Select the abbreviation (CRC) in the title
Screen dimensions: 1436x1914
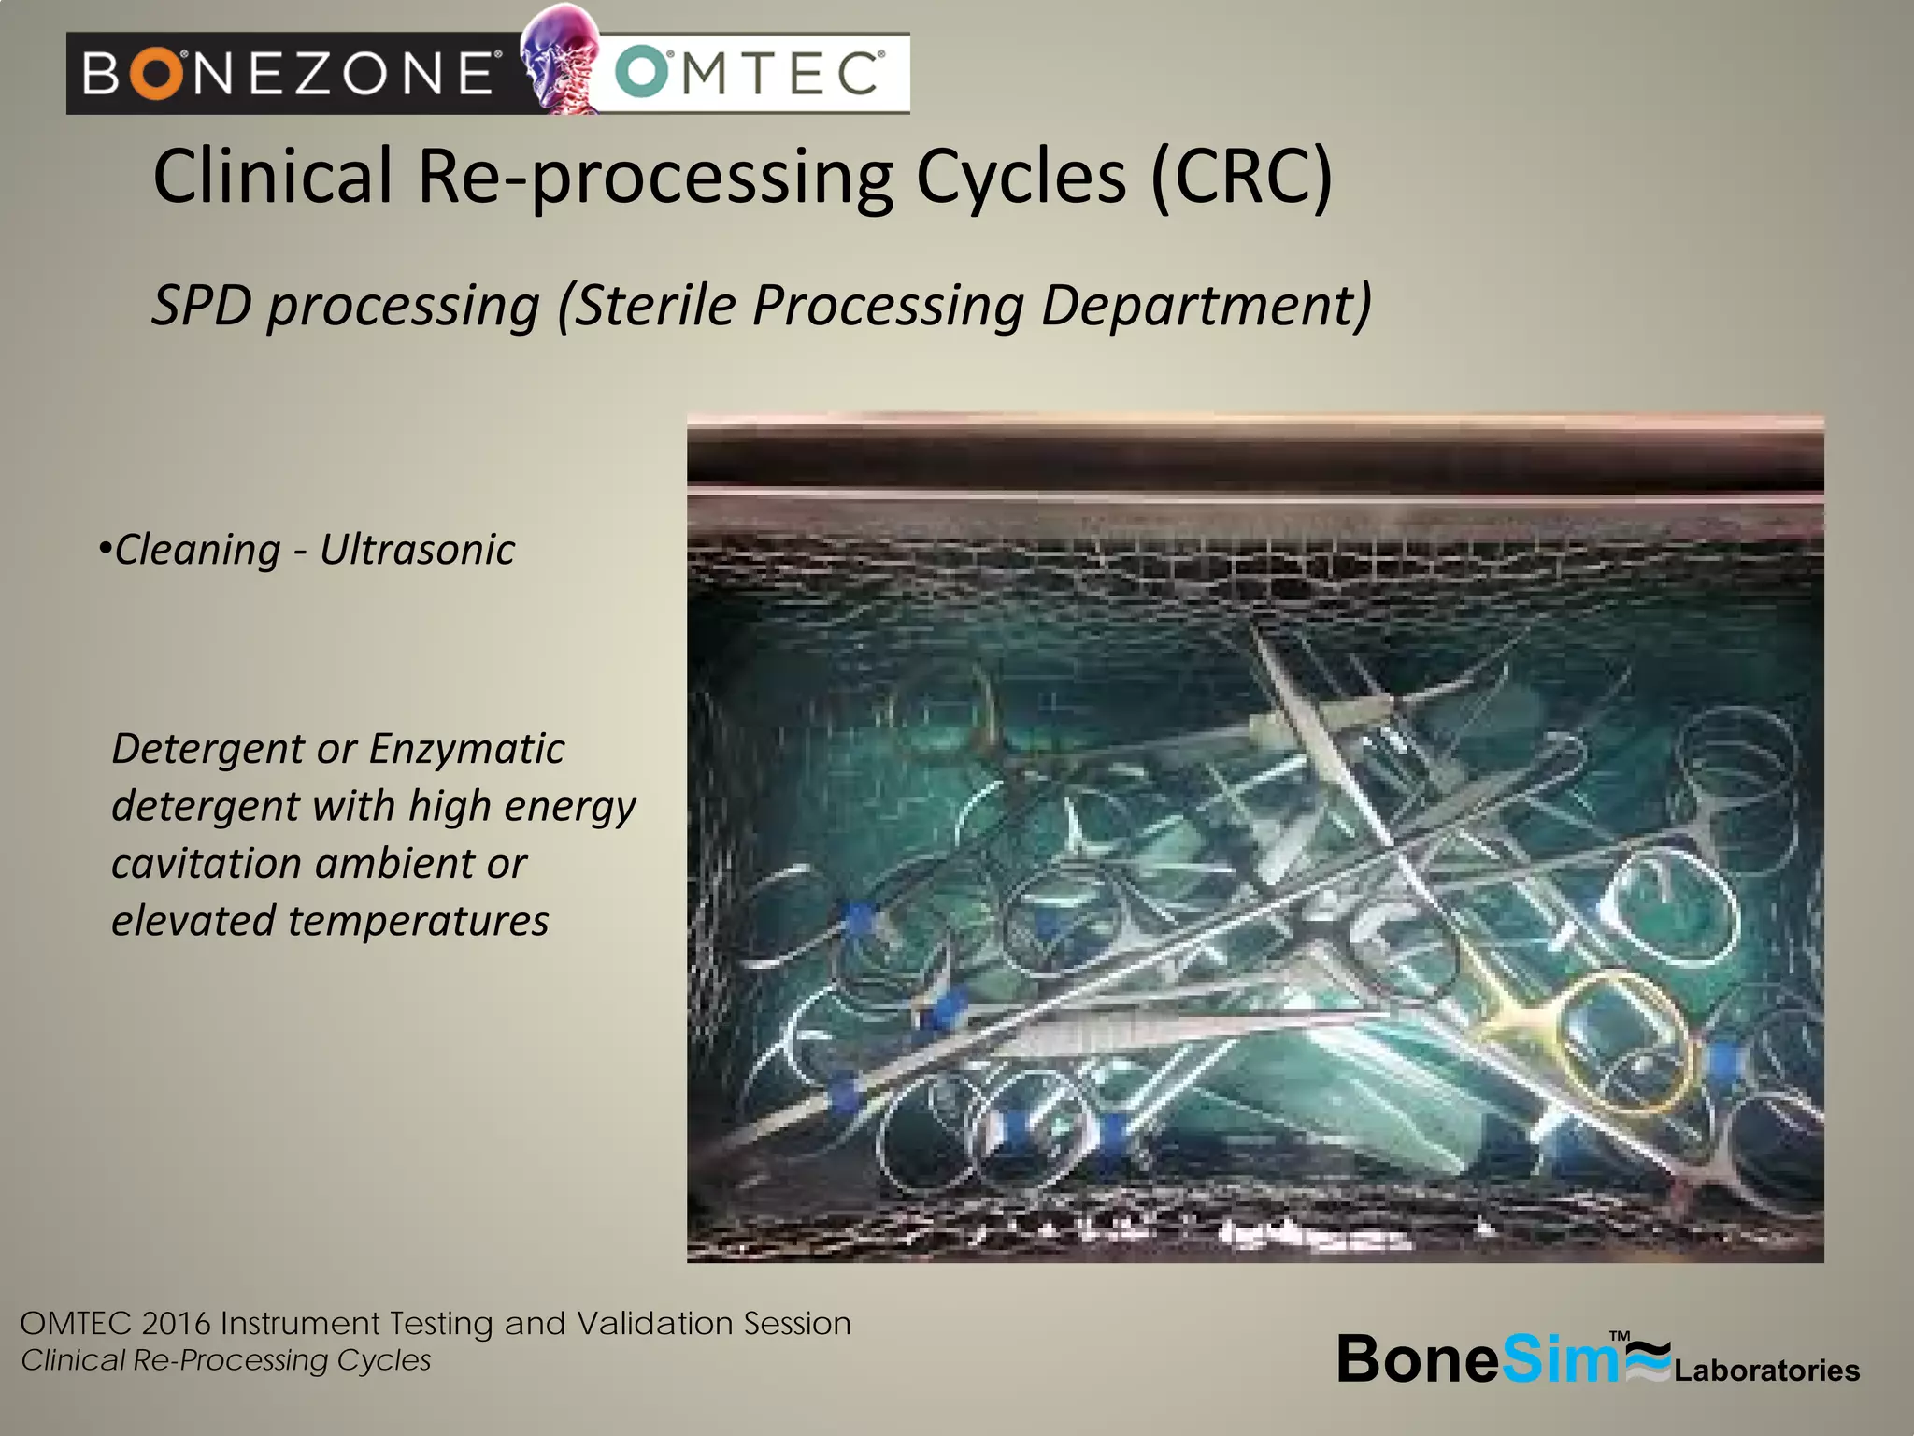point(1240,177)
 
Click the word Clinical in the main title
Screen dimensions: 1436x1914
point(273,177)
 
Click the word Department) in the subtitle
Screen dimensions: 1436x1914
point(1207,305)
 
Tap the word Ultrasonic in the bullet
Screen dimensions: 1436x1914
point(417,550)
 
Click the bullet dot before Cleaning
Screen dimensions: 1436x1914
point(105,547)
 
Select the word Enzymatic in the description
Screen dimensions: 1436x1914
point(466,749)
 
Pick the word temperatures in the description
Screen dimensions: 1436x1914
point(418,921)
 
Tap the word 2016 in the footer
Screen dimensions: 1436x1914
point(177,1324)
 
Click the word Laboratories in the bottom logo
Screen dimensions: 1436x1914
point(1766,1371)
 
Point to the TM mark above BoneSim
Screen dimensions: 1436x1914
point(1620,1336)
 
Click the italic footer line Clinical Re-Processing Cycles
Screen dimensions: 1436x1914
point(226,1360)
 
